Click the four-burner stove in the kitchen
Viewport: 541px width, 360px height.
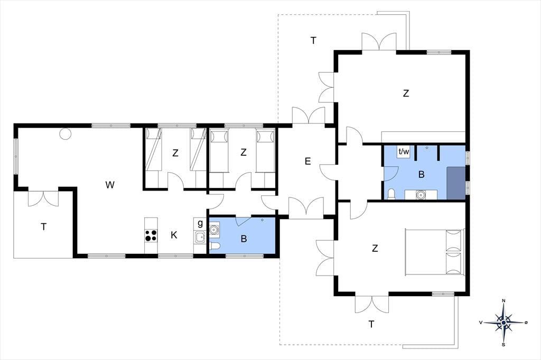tap(151, 235)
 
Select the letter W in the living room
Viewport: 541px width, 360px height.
tap(110, 185)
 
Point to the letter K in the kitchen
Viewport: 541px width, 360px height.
tap(174, 235)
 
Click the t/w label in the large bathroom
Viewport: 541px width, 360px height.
tap(404, 151)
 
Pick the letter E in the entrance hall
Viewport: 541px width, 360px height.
tap(308, 161)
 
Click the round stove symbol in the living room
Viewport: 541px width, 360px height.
tap(65, 133)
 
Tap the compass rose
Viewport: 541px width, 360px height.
tap(503, 323)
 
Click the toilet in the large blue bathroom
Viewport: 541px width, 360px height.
tap(391, 194)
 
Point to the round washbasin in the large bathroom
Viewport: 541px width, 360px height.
tap(421, 194)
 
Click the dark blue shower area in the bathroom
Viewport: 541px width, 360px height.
tap(456, 183)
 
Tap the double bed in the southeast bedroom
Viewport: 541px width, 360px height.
tap(434, 252)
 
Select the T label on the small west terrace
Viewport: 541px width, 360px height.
tap(43, 227)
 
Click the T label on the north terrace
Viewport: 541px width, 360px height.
tap(313, 41)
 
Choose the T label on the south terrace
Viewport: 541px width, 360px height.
tap(371, 325)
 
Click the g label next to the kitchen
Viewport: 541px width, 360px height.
tap(200, 223)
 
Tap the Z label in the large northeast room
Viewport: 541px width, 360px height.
tap(406, 93)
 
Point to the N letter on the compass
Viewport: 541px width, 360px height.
tap(503, 301)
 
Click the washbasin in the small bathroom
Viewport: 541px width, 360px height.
tap(214, 229)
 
